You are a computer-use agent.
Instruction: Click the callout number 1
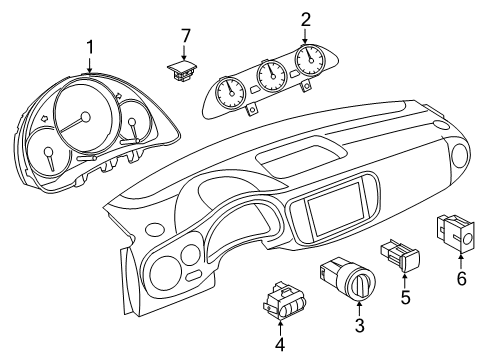click(x=90, y=47)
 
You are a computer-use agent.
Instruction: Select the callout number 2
click(x=306, y=20)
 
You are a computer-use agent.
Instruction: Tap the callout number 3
click(x=359, y=325)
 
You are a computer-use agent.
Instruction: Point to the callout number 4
click(x=280, y=344)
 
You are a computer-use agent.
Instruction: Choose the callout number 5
click(x=405, y=297)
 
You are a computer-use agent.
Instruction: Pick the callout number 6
click(x=461, y=278)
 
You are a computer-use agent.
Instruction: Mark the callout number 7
click(x=185, y=36)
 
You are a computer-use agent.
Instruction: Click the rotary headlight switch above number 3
click(x=348, y=278)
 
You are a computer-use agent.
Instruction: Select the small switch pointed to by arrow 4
click(x=284, y=301)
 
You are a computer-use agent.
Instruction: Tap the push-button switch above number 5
click(x=400, y=255)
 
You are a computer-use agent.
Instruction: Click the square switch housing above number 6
click(x=456, y=232)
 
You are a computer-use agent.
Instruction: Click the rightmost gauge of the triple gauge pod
click(x=310, y=60)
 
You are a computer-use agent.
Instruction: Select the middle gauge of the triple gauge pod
click(x=272, y=76)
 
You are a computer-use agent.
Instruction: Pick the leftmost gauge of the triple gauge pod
click(x=231, y=93)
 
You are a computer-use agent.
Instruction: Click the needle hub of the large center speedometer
click(x=85, y=117)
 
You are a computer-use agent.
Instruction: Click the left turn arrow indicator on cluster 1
click(x=43, y=118)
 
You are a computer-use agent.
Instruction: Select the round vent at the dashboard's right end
click(x=462, y=154)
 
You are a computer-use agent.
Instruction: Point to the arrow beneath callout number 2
click(x=305, y=37)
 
